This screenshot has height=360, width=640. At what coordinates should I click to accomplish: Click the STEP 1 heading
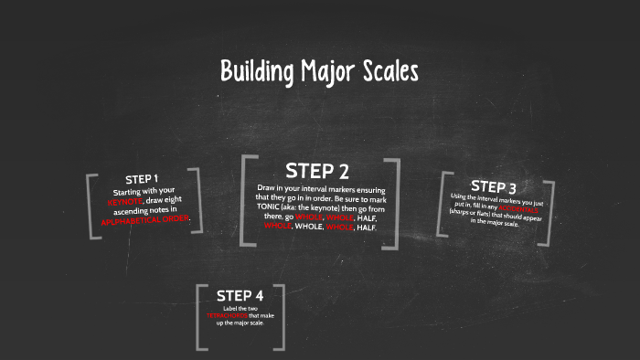(142, 178)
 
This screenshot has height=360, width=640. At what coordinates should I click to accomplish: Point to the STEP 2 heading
(317, 171)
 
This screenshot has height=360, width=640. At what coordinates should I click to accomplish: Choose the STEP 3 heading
(494, 187)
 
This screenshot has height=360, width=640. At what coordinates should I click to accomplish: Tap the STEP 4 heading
(240, 295)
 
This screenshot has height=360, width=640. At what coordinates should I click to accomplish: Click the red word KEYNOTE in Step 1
(125, 201)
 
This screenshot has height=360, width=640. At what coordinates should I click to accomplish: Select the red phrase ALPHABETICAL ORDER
(145, 220)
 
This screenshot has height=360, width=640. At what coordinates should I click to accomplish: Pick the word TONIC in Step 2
(272, 208)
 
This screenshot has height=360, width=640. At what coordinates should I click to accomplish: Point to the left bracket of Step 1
(92, 206)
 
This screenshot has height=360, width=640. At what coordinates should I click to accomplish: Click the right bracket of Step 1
(195, 200)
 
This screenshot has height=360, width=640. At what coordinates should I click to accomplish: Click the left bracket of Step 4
(201, 316)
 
